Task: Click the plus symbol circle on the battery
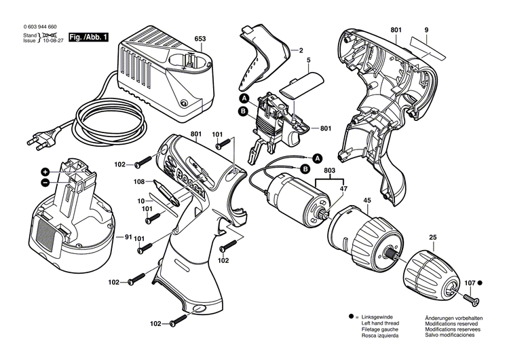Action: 45,172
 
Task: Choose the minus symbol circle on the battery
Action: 45,183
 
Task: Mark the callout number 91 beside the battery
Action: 128,237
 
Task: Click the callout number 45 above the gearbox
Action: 367,200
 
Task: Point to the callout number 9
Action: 426,30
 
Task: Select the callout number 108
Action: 138,182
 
